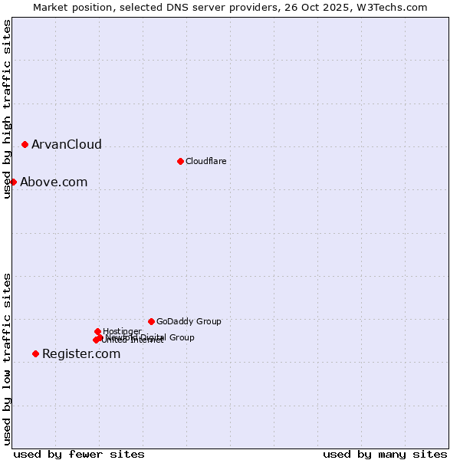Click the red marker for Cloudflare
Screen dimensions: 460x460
[x=180, y=161]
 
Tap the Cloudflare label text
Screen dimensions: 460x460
[x=205, y=161]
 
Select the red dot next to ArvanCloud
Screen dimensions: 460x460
[x=25, y=144]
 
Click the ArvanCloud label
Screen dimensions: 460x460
[x=66, y=145]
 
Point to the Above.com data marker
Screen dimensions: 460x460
[x=13, y=182]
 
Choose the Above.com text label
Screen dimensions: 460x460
[x=54, y=182]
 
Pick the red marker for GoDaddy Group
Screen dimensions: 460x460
[x=151, y=321]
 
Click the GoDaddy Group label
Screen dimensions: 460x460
[x=189, y=321]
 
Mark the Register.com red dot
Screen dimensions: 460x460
[x=35, y=353]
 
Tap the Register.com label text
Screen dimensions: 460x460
[x=81, y=354]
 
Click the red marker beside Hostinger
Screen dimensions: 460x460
[x=97, y=331]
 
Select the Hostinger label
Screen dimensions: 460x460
[x=122, y=331]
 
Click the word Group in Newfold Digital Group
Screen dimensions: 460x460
[x=182, y=337]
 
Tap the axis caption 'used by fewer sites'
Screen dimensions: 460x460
[x=79, y=455]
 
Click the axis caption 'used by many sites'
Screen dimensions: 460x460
[x=385, y=455]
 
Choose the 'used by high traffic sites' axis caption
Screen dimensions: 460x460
[x=7, y=109]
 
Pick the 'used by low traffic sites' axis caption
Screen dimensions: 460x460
[x=7, y=359]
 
